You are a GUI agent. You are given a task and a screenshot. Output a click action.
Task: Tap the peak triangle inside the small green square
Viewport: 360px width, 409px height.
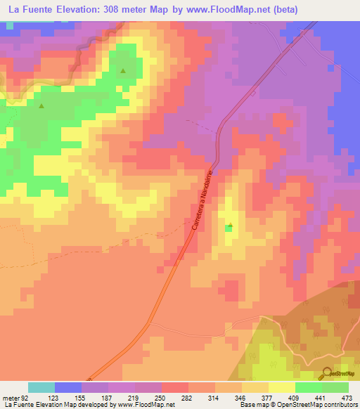(x=229, y=226)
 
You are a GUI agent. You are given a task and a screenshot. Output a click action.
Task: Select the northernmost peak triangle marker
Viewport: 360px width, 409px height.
(x=123, y=70)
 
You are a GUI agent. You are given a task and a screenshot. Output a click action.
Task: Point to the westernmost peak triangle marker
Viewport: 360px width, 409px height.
(x=41, y=106)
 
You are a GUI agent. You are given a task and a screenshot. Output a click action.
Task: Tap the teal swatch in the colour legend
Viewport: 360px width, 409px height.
(x=41, y=387)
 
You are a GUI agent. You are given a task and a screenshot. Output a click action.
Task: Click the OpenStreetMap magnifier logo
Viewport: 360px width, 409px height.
(x=328, y=373)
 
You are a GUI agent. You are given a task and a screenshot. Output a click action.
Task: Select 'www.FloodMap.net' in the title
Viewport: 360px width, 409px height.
(x=217, y=9)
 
